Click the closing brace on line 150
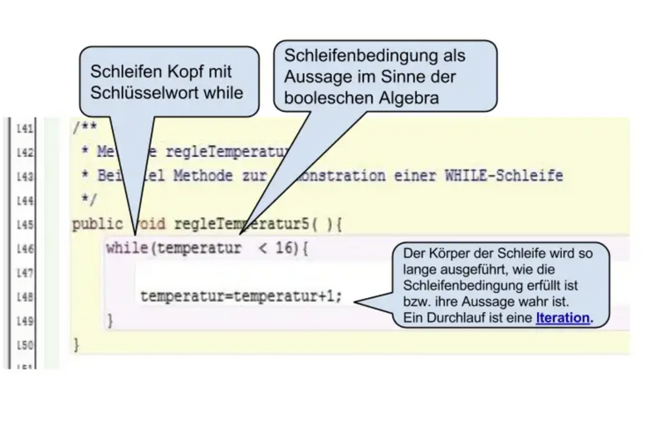pyautogui.click(x=77, y=343)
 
